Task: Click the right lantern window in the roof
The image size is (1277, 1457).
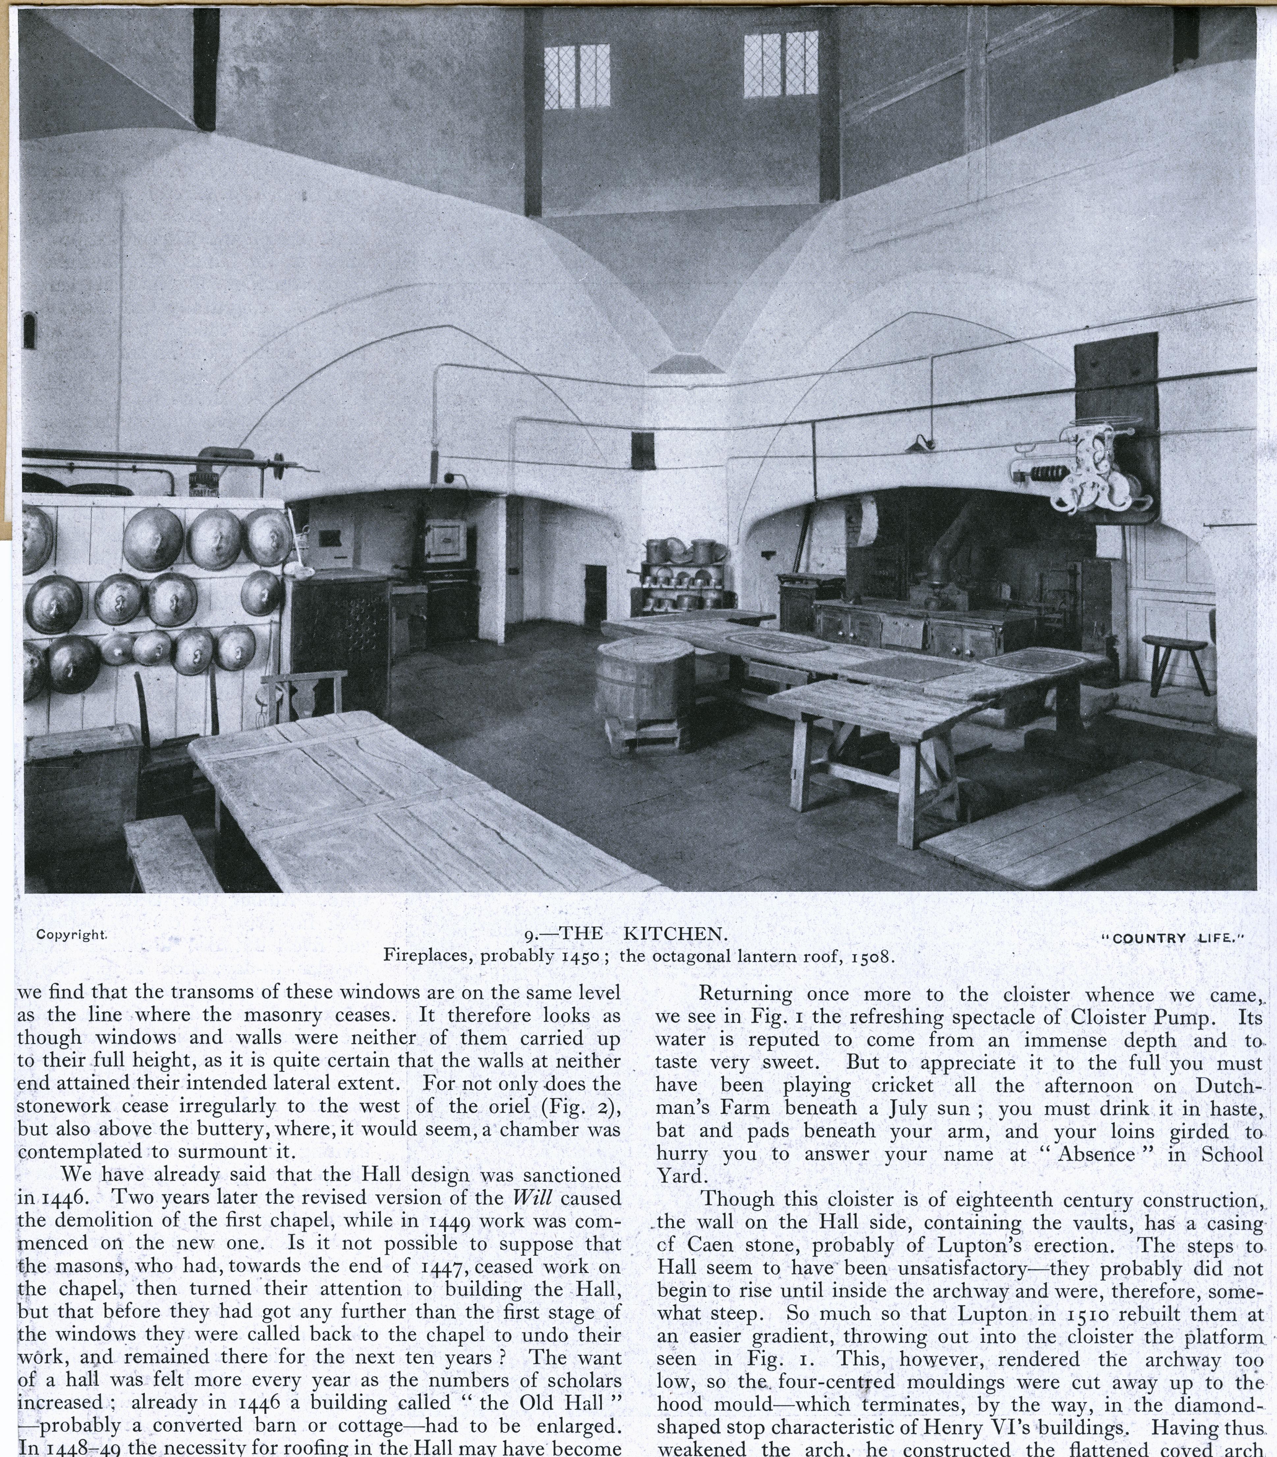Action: (x=781, y=66)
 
